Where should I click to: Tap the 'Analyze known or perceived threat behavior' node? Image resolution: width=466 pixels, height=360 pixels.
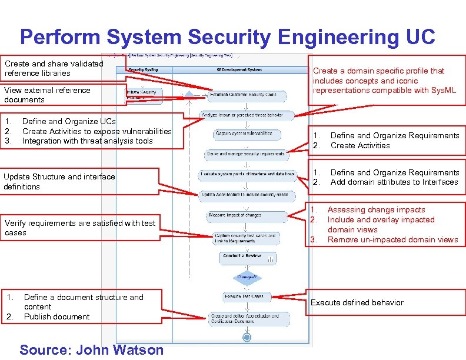tap(242, 115)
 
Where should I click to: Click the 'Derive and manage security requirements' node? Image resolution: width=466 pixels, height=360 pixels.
tap(246, 154)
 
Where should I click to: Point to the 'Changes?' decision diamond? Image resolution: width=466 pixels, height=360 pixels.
tap(247, 276)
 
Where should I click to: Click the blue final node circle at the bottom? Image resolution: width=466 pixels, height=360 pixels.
tap(247, 338)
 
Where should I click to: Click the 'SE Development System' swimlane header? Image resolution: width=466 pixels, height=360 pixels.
tap(239, 69)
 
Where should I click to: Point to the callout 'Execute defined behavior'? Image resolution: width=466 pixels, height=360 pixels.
tap(357, 302)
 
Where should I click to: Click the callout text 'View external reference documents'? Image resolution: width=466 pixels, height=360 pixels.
tap(48, 95)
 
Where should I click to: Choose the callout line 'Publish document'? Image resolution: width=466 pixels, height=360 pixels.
tap(57, 316)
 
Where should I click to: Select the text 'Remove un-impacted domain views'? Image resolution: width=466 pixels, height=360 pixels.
tap(392, 239)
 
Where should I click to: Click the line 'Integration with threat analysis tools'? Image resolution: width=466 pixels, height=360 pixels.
tap(87, 141)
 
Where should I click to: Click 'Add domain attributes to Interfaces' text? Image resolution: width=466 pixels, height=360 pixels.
tap(394, 182)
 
